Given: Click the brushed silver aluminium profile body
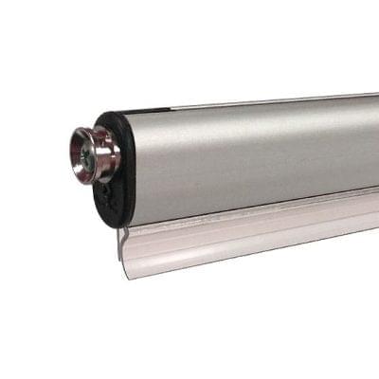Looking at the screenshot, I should click(246, 152).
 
